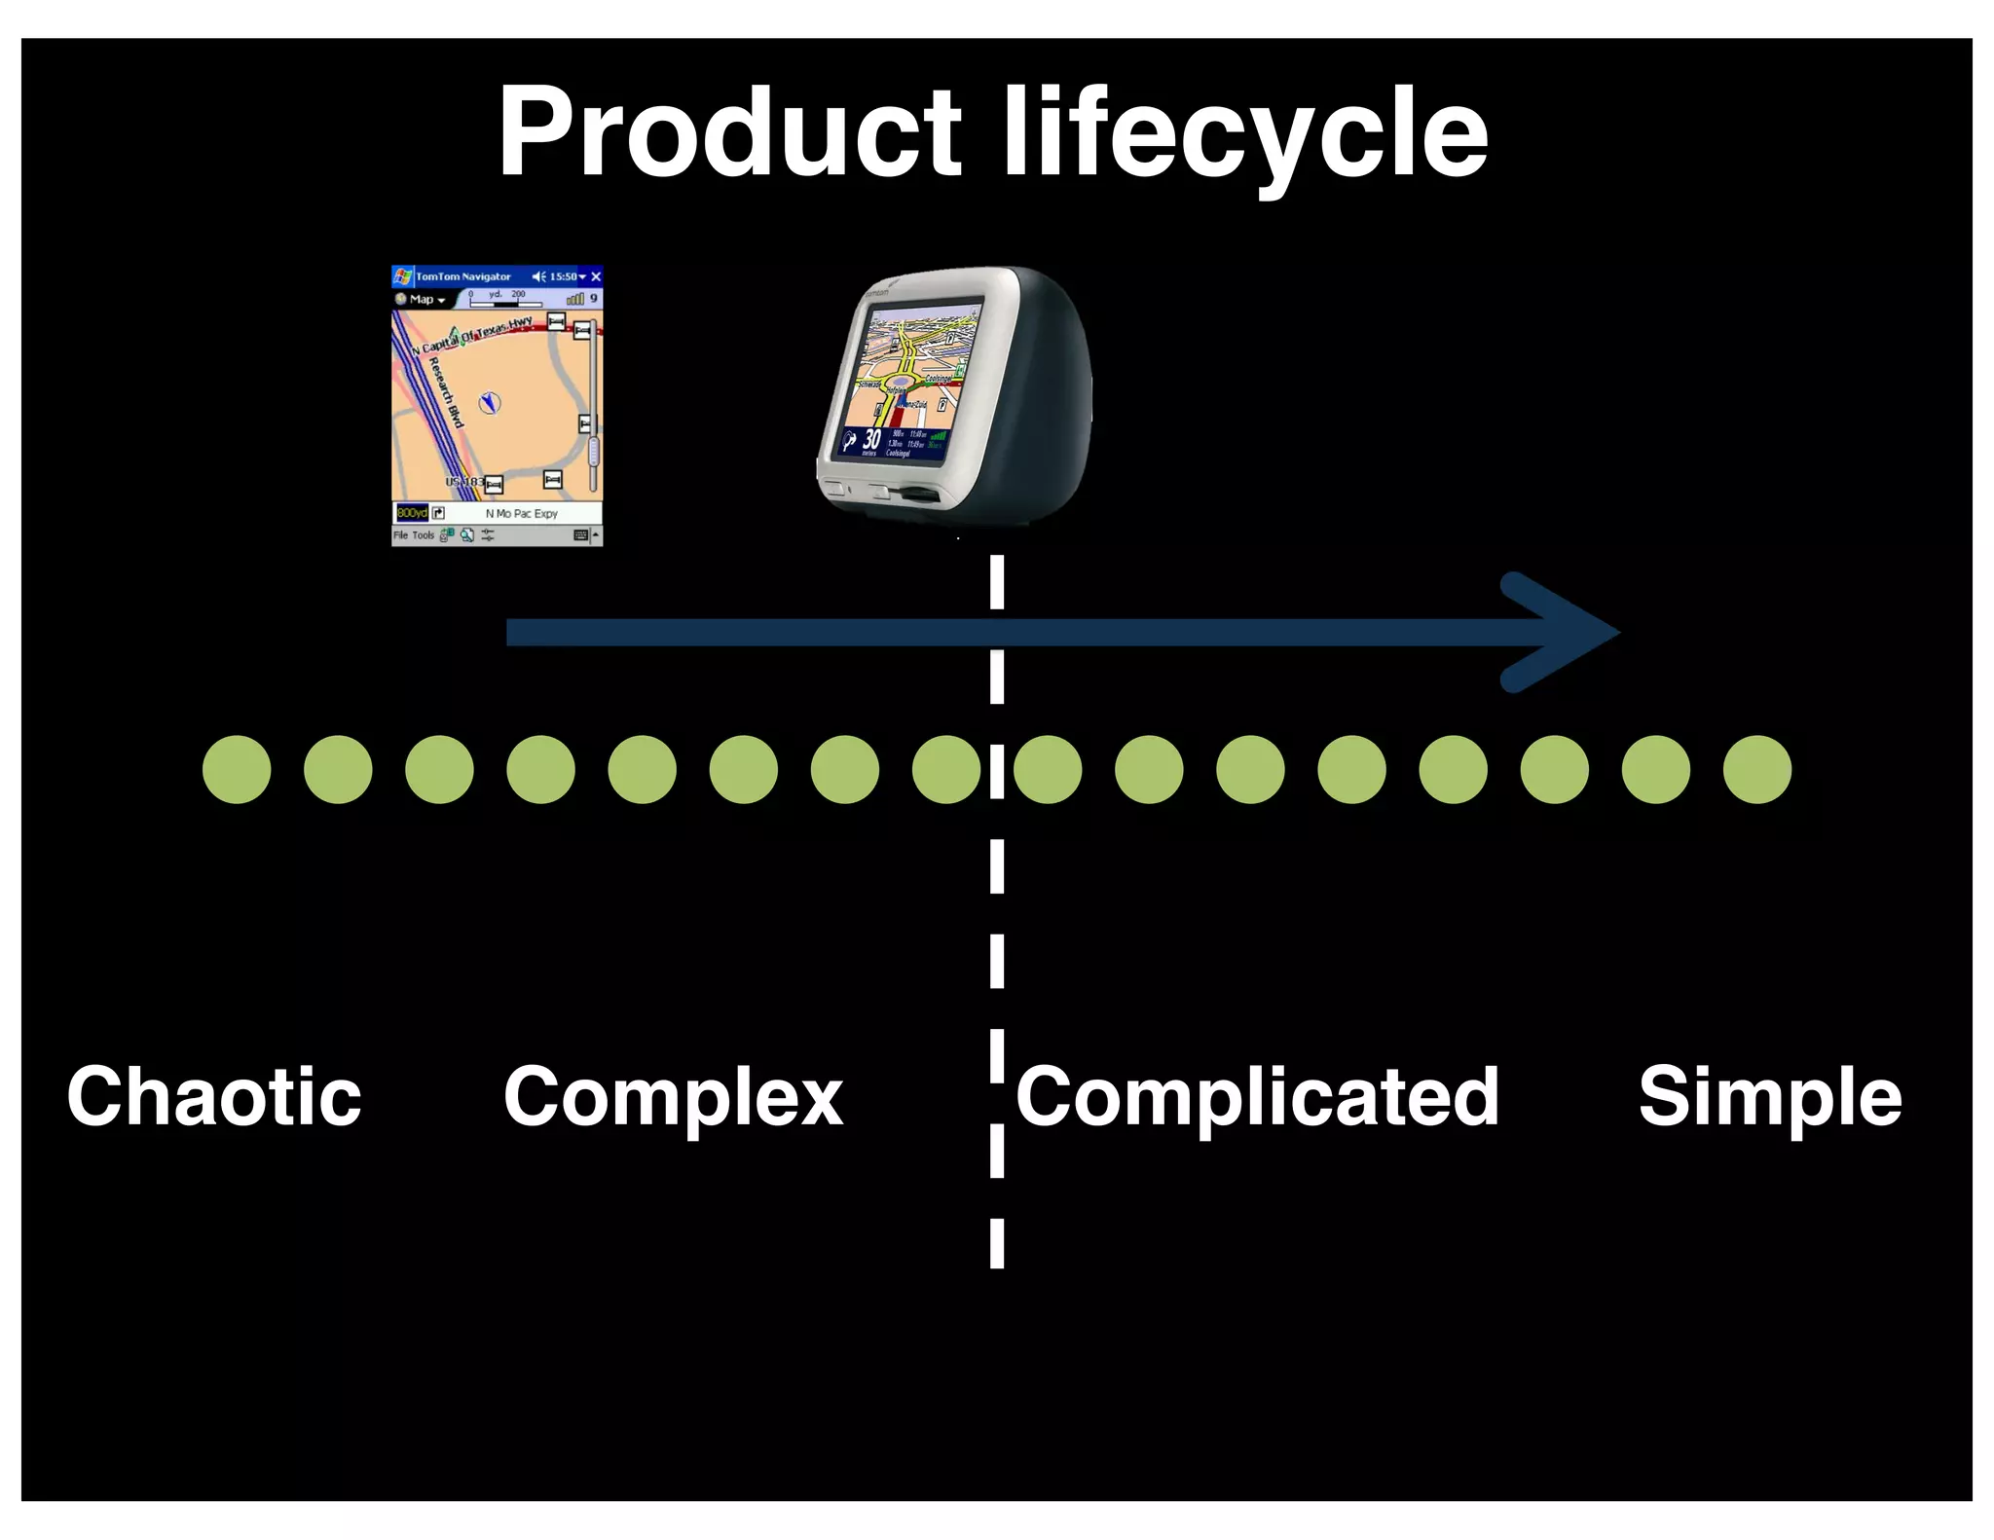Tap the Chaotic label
pyautogui.click(x=214, y=1097)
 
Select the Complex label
pyautogui.click(x=673, y=1097)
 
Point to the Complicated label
pyautogui.click(x=1257, y=1097)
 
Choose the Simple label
pyautogui.click(x=1769, y=1097)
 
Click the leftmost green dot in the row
pyautogui.click(x=237, y=769)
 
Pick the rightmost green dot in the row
pyautogui.click(x=1756, y=769)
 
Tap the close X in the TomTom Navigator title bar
pyautogui.click(x=596, y=276)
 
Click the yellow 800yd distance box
pyautogui.click(x=411, y=513)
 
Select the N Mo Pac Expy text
pyautogui.click(x=521, y=513)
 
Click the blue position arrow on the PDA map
pyautogui.click(x=490, y=402)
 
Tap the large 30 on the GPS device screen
pyautogui.click(x=871, y=439)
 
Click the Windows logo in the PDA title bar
pyautogui.click(x=402, y=276)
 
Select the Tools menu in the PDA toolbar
pyautogui.click(x=423, y=535)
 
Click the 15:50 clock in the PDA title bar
pyautogui.click(x=563, y=276)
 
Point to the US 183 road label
pyautogui.click(x=463, y=482)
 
